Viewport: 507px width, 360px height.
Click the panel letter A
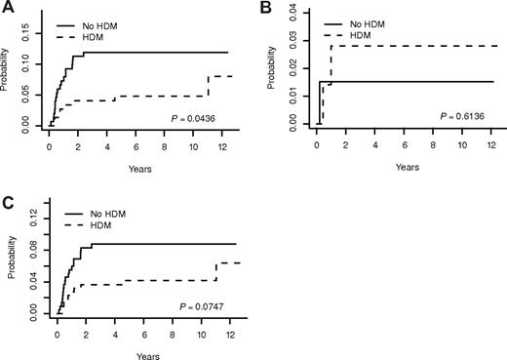pyautogui.click(x=7, y=8)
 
